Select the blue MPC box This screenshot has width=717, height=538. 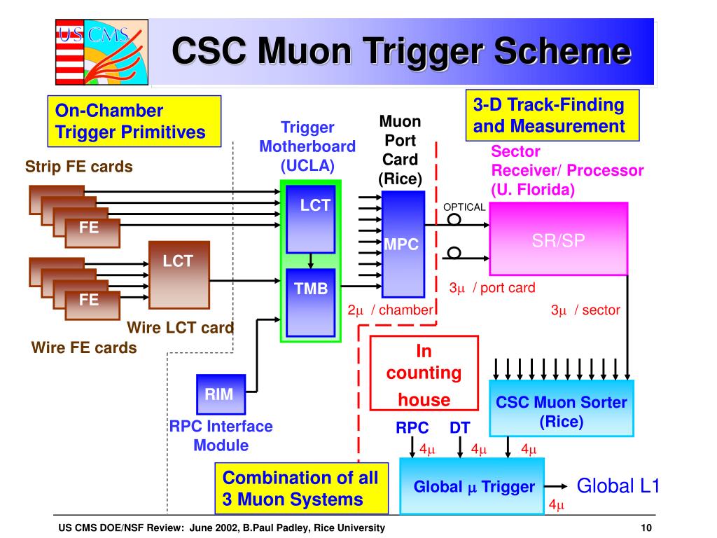tap(403, 243)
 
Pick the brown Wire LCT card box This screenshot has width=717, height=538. tap(179, 275)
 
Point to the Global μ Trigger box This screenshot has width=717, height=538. tap(474, 486)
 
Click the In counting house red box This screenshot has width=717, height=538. tap(424, 373)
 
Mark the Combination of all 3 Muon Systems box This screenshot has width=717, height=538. tap(301, 489)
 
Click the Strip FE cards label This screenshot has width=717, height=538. tap(79, 167)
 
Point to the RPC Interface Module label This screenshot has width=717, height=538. tap(221, 435)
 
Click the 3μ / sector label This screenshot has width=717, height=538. tap(585, 310)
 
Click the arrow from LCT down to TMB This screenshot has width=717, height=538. tap(311, 261)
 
